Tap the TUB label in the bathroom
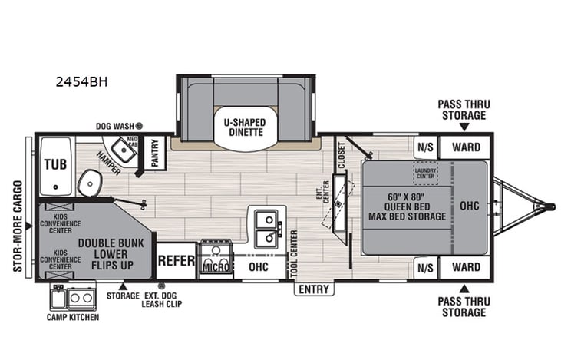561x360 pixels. tap(54, 163)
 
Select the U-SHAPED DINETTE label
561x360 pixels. tap(245, 126)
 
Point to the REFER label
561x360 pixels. tap(177, 261)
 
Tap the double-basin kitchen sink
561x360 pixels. tap(266, 228)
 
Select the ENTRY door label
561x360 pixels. tap(314, 289)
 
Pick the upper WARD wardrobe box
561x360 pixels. tap(465, 147)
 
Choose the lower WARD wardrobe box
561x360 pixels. tap(465, 267)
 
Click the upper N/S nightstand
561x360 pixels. tap(425, 147)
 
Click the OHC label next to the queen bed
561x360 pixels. tap(468, 206)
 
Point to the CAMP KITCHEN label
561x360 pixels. tap(73, 317)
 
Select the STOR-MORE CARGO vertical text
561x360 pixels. tap(16, 216)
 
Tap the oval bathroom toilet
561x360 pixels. tap(90, 183)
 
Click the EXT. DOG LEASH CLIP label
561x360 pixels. tap(160, 299)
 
